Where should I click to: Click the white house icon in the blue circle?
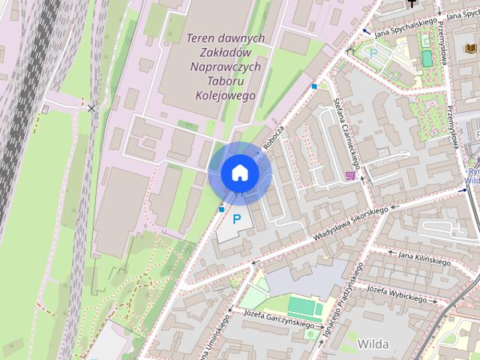point(239,172)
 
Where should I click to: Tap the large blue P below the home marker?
point(238,220)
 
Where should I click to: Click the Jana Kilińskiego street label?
point(424,258)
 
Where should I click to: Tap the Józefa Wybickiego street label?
point(397,293)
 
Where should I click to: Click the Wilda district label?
point(373,343)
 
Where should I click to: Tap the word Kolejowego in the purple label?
point(225,95)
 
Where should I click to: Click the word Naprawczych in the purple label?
point(226,67)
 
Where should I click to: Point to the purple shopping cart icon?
point(350,175)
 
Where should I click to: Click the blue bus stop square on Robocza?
point(313,86)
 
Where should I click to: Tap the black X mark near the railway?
point(91,109)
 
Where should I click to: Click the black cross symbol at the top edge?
point(411,3)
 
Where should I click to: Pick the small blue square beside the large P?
point(221,208)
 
